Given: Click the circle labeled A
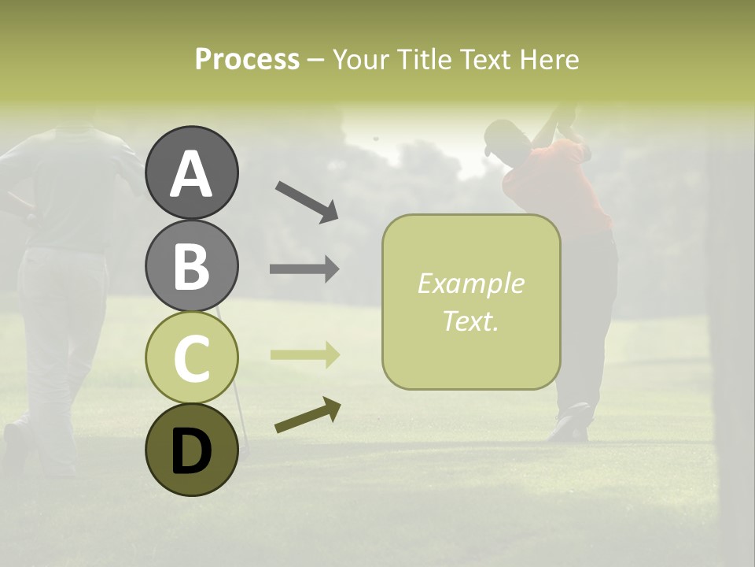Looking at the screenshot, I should (x=192, y=173).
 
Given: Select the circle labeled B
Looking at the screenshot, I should (x=192, y=265).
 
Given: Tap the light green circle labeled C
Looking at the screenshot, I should (x=192, y=358).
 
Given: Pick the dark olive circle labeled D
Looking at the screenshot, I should (x=192, y=450).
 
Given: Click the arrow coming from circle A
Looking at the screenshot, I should (x=307, y=202).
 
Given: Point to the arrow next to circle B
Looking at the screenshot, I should (x=304, y=269).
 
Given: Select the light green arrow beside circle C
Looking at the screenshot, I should (x=304, y=355).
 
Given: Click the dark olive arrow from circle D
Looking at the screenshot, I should (x=308, y=415).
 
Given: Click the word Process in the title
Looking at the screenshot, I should (x=247, y=60).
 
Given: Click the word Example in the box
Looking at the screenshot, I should (x=470, y=283).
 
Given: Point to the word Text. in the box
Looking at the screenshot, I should (x=470, y=321).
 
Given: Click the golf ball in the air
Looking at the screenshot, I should (x=376, y=139).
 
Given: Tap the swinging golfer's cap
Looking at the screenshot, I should (x=498, y=136).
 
